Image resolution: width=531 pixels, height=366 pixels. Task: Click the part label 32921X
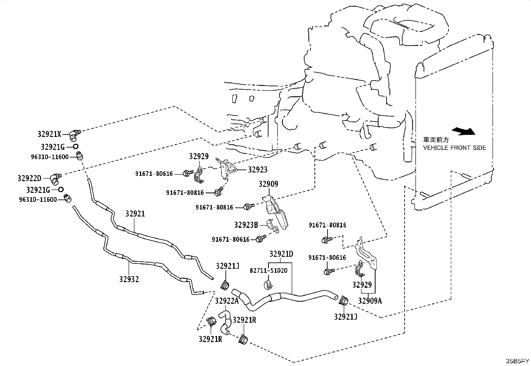49,134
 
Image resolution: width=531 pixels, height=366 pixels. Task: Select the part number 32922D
29,178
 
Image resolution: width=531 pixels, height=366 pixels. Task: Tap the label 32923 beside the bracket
258,170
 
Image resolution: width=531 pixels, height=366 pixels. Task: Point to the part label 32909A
370,301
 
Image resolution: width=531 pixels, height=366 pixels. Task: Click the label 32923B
246,225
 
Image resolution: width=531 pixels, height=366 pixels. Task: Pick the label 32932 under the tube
129,279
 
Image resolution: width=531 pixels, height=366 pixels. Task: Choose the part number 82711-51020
269,270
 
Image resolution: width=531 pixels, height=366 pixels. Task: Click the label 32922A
226,301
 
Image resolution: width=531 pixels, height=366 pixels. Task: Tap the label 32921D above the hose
281,254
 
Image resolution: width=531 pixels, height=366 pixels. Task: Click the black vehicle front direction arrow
463,131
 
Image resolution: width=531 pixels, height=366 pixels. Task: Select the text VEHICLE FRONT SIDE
454,148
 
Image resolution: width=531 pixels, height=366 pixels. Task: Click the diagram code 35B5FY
517,361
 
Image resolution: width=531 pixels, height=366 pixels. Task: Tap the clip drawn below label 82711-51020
268,284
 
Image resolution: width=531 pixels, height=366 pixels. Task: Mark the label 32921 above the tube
135,214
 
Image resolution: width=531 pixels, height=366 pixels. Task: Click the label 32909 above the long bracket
269,184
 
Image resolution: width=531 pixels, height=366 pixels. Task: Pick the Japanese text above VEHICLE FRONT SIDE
436,140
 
